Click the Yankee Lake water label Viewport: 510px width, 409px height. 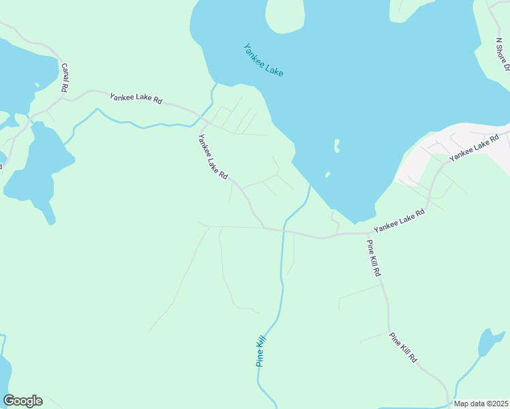(x=263, y=60)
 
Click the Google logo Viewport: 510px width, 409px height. (x=22, y=401)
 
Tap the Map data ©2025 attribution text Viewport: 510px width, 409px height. (x=481, y=404)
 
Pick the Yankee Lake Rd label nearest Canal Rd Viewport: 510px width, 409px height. (x=136, y=99)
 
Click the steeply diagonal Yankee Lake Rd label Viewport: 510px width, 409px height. (x=212, y=156)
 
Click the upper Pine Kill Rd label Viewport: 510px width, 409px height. (x=374, y=258)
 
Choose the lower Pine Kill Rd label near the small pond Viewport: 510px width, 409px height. (x=402, y=347)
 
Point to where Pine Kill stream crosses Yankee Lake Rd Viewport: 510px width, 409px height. (x=282, y=230)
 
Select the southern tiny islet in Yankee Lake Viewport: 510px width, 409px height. (x=328, y=175)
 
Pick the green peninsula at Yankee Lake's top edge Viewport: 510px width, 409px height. (x=285, y=15)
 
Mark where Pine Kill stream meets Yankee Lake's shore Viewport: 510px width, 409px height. (x=311, y=185)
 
